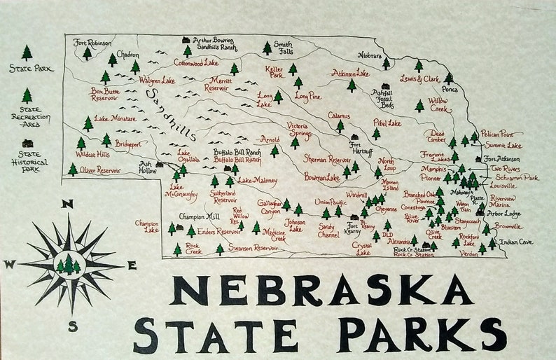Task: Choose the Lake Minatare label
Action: tap(115, 118)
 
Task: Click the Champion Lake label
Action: tap(147, 226)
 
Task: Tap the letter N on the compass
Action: tap(68, 204)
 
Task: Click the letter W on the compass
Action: tap(10, 264)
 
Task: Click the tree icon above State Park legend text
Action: tap(27, 53)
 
